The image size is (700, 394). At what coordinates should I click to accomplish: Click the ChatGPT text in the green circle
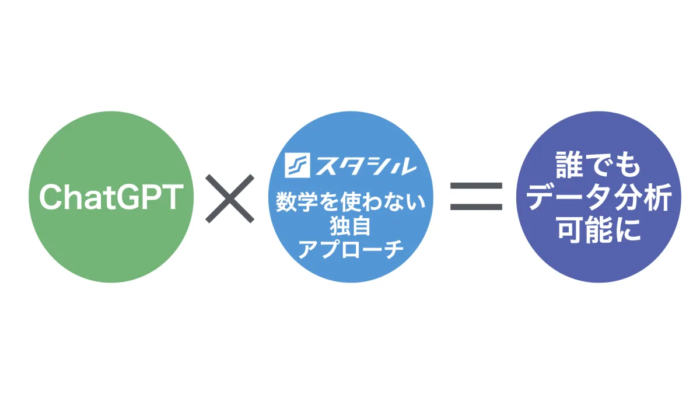pyautogui.click(x=111, y=197)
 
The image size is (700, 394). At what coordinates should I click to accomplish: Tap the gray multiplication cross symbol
pyautogui.click(x=230, y=198)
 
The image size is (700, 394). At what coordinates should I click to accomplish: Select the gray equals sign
pyautogui.click(x=476, y=196)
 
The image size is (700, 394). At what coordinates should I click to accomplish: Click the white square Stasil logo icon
pyautogui.click(x=297, y=165)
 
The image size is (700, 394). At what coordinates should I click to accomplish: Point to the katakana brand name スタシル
pyautogui.click(x=366, y=165)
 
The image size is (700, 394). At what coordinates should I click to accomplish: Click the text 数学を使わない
pyautogui.click(x=351, y=202)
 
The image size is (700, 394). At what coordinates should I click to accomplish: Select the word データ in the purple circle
pyautogui.click(x=568, y=198)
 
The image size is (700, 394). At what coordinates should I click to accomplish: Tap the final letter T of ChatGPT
pyautogui.click(x=172, y=197)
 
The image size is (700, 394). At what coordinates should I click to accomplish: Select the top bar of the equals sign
pyautogui.click(x=476, y=186)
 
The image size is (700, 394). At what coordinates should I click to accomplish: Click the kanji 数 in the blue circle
pyautogui.click(x=286, y=202)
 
